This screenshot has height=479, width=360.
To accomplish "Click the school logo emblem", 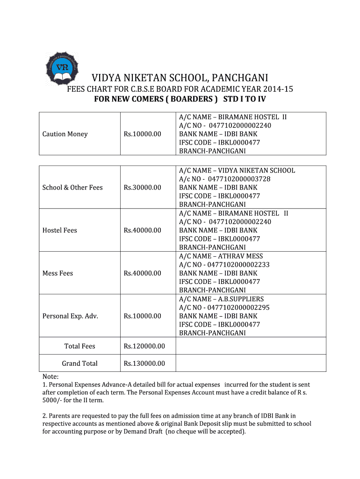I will click(x=61, y=67).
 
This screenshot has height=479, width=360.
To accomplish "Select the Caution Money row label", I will click(x=65, y=134).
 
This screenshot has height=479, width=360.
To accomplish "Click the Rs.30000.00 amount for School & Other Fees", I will click(x=142, y=188).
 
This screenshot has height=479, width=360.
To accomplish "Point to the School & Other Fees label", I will click(x=72, y=188).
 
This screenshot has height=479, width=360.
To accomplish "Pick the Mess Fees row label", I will click(x=58, y=273).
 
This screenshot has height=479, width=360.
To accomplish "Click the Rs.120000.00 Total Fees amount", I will click(x=144, y=347).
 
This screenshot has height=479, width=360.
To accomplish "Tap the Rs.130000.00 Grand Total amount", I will click(x=144, y=363).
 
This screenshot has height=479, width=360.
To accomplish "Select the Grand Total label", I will click(x=80, y=363).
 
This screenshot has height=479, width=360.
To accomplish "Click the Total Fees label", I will click(x=79, y=347).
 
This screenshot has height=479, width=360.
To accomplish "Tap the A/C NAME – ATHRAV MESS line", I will click(x=221, y=256).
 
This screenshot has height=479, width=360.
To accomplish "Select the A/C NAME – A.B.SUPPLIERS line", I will click(x=221, y=299).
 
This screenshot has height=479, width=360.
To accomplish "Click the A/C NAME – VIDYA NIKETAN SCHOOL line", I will click(x=237, y=170).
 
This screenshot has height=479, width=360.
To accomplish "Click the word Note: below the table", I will click(x=50, y=377).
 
